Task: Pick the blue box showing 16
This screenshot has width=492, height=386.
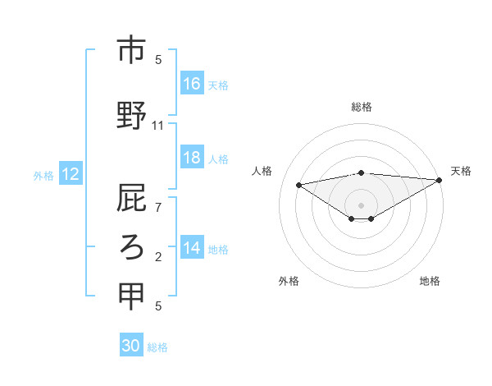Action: [192, 84]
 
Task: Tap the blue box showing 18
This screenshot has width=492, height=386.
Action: [192, 158]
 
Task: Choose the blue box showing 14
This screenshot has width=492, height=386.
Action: [192, 248]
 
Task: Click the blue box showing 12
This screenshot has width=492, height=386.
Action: [70, 174]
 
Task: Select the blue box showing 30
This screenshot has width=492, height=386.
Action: [131, 346]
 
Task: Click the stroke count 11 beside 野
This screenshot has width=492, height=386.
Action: [158, 126]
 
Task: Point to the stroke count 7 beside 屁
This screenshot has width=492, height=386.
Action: [158, 207]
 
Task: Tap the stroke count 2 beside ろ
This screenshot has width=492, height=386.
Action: [158, 257]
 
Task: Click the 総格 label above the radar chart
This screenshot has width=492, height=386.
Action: [362, 107]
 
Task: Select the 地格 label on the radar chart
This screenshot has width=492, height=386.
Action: [430, 281]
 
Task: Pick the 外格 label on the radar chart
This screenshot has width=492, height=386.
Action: [289, 281]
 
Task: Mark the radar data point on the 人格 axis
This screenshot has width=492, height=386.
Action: [299, 184]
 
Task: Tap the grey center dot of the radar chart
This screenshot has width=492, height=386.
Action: [361, 204]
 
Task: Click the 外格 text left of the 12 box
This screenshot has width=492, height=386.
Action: [43, 175]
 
